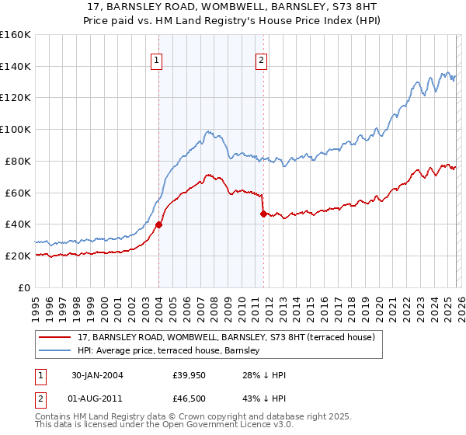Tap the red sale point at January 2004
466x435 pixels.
point(158,224)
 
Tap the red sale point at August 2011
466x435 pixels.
point(263,214)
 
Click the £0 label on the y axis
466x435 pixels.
point(23,287)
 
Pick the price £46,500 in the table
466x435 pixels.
point(190,402)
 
